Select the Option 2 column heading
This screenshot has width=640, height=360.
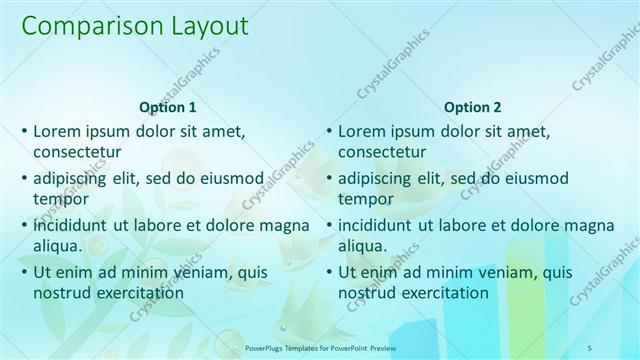coord(473,107)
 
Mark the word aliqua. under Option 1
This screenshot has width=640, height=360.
coord(61,246)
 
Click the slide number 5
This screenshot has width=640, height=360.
coord(618,347)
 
